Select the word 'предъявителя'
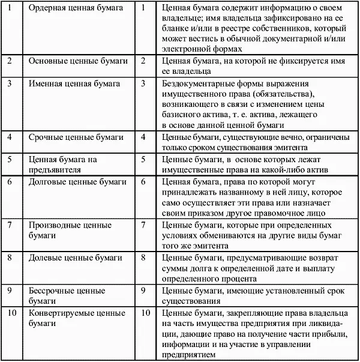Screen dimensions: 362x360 [x=55, y=169]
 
